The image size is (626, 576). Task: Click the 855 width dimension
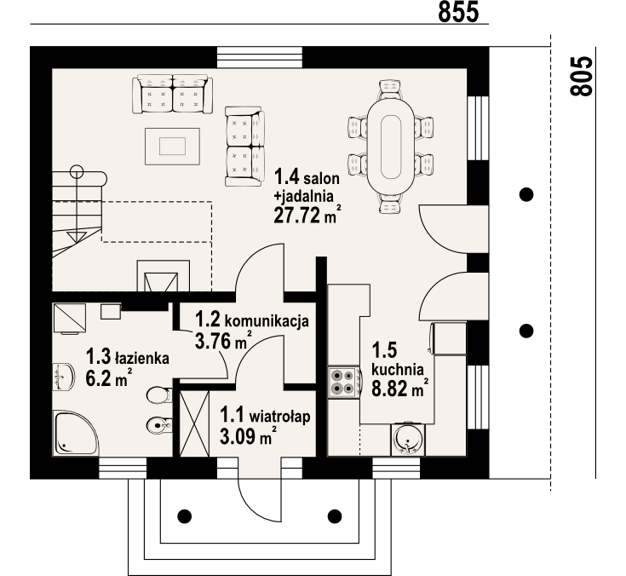(458, 12)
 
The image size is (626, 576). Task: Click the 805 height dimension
(581, 76)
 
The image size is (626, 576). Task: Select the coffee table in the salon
(172, 147)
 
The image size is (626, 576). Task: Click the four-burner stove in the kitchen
(343, 383)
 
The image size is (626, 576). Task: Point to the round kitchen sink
(408, 439)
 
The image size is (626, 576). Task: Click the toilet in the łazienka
(159, 396)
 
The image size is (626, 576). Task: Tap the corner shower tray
(76, 433)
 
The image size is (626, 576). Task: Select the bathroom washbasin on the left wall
(63, 377)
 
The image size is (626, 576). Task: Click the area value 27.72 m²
(307, 216)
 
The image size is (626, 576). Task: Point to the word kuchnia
(397, 370)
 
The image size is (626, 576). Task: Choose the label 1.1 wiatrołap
(265, 416)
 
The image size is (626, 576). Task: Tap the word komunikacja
(267, 320)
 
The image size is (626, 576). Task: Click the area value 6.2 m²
(109, 377)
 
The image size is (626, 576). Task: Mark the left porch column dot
(184, 516)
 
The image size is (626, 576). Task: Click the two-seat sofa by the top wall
(172, 95)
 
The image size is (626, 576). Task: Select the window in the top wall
(260, 58)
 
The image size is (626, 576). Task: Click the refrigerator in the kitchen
(449, 338)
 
